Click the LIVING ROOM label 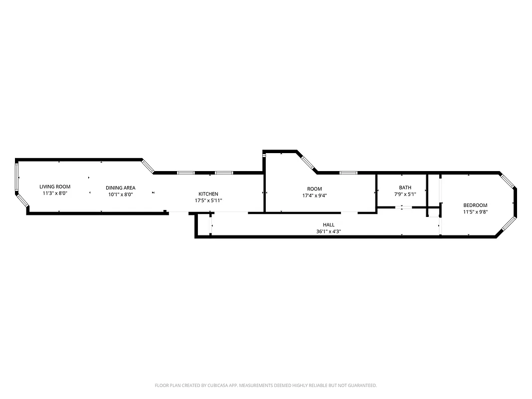(x=55, y=187)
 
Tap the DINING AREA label (x=120, y=188)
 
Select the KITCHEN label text (x=208, y=194)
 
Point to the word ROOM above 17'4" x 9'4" (x=314, y=189)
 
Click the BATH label (x=405, y=188)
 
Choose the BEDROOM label (x=475, y=205)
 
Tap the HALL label (x=329, y=225)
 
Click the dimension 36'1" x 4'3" (x=329, y=231)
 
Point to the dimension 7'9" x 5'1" (x=405, y=195)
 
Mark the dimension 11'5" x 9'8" (x=475, y=211)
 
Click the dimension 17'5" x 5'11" (x=208, y=200)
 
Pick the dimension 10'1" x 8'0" (x=120, y=195)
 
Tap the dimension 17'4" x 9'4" (x=314, y=196)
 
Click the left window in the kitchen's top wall (x=185, y=173)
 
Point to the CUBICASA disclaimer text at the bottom (x=266, y=386)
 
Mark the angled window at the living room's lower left (x=22, y=200)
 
